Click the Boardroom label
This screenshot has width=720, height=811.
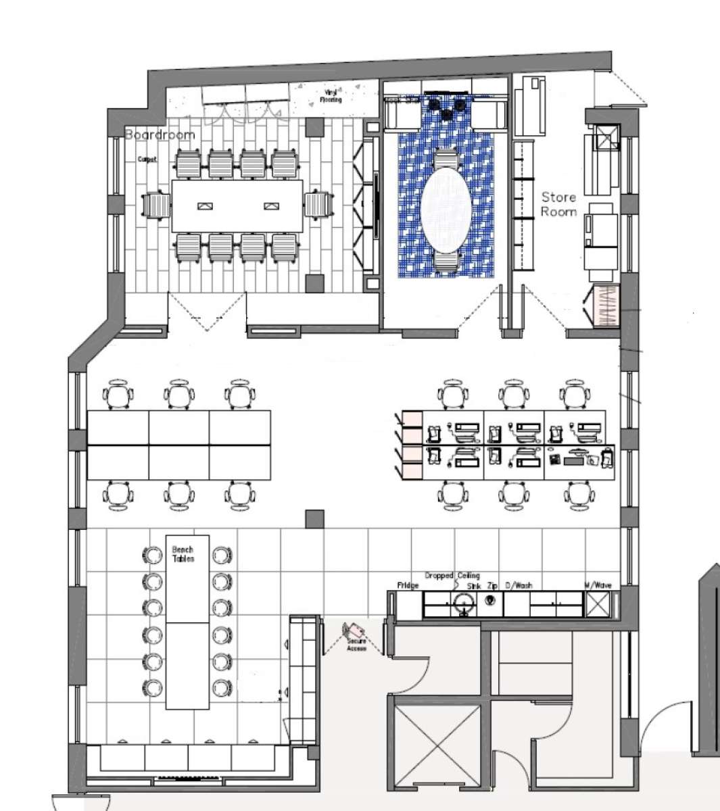[x=160, y=134]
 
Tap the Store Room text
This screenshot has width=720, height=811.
[x=558, y=204]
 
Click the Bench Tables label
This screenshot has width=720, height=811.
[x=183, y=554]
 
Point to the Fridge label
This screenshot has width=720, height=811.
[x=407, y=585]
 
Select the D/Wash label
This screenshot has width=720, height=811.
[x=519, y=585]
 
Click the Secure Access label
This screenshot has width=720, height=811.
[x=356, y=644]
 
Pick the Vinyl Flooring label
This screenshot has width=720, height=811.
[x=331, y=95]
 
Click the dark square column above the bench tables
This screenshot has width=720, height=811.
[x=314, y=519]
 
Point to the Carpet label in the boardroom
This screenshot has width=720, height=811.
[x=147, y=160]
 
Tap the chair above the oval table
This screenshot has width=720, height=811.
[x=445, y=159]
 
